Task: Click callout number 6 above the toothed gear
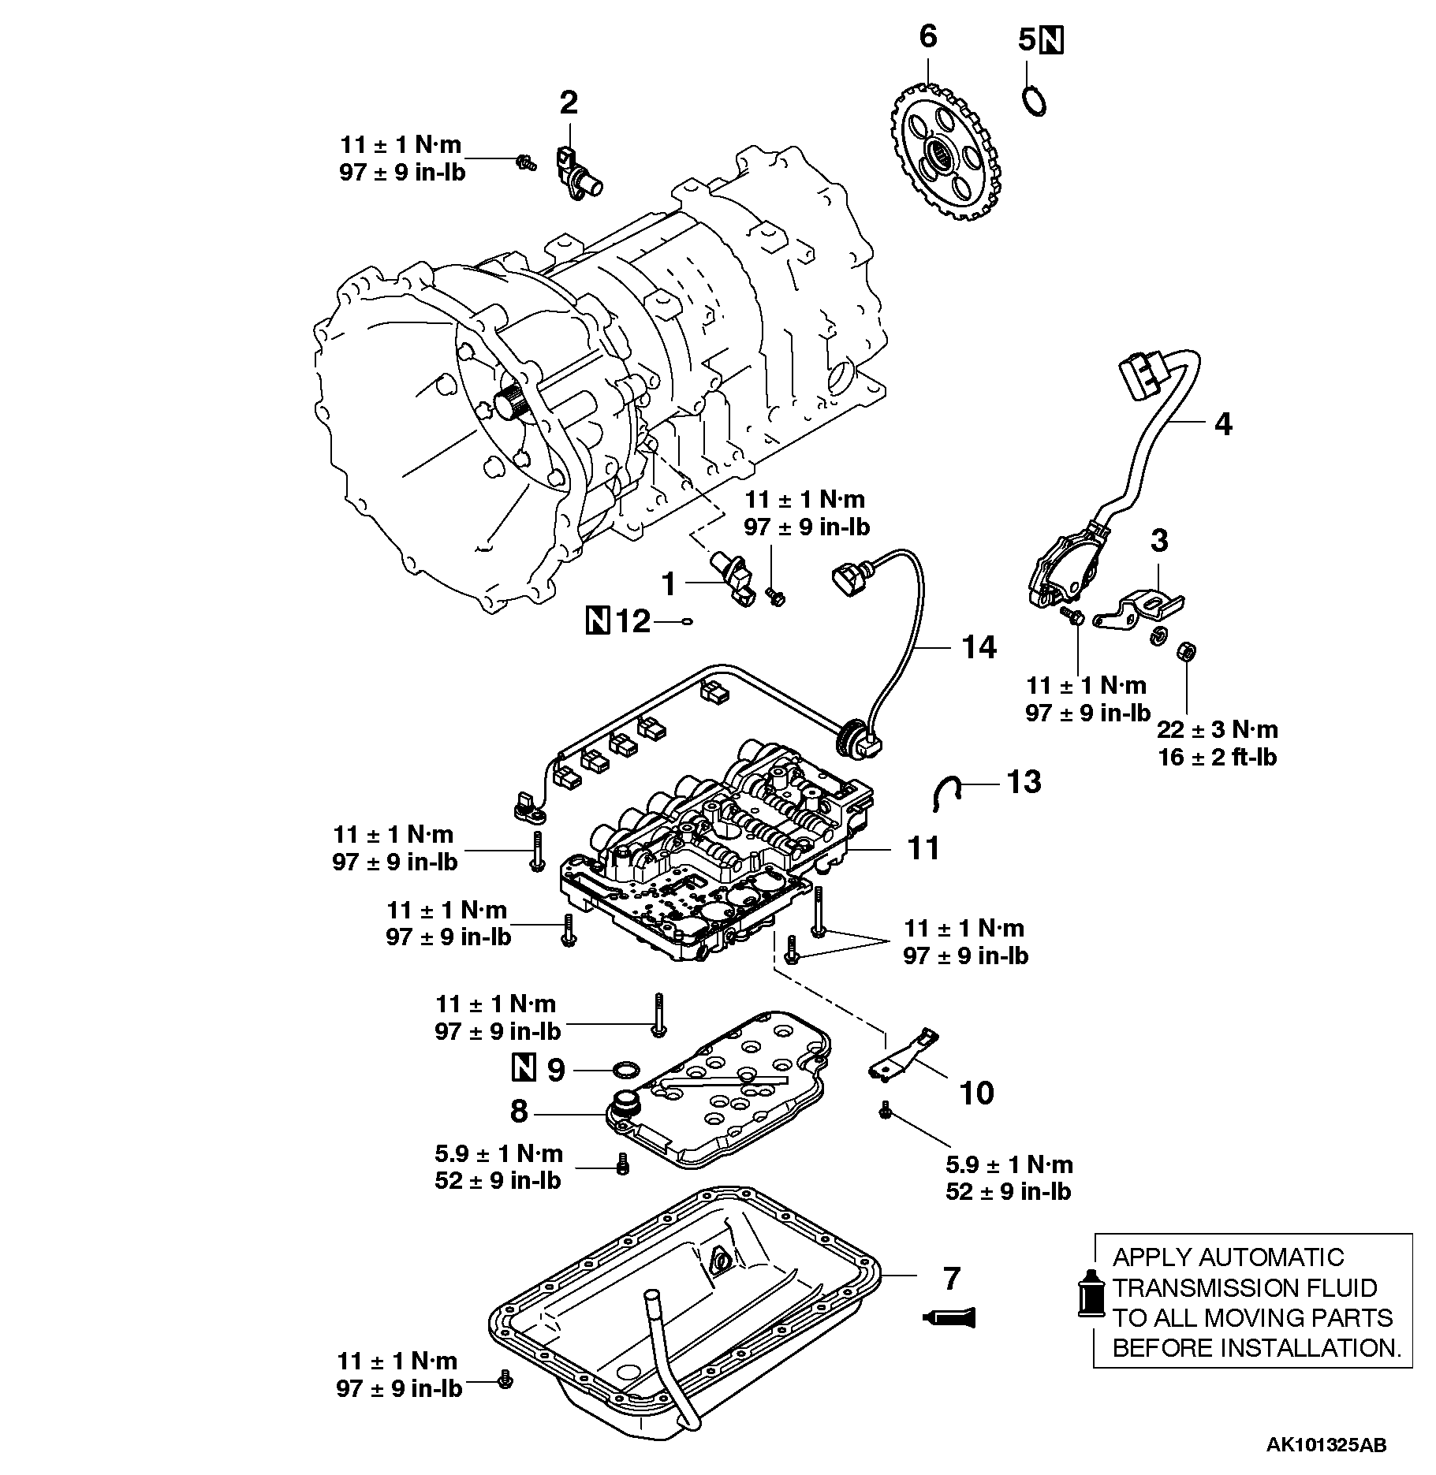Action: (928, 36)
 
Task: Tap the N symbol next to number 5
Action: (1052, 39)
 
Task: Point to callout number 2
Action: (569, 102)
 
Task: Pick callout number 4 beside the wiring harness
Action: (1222, 424)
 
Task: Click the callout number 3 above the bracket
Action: (1159, 541)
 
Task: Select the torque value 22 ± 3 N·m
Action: (1218, 729)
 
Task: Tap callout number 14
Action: (979, 647)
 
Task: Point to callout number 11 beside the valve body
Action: (923, 848)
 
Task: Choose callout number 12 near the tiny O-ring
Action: (633, 622)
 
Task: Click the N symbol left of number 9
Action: (524, 1069)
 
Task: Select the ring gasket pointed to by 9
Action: (627, 1070)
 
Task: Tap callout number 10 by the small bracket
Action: (976, 1093)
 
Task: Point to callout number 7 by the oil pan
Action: (952, 1278)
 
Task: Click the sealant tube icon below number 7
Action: (949, 1316)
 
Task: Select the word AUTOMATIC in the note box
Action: (1277, 1257)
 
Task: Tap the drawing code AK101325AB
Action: (1326, 1445)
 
